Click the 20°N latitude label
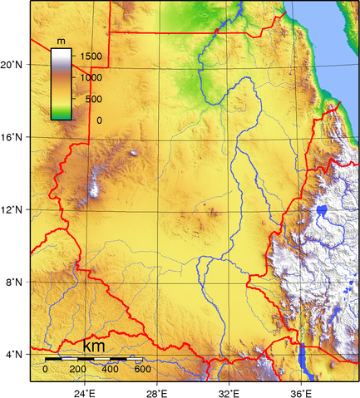(12, 64)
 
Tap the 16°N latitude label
(12, 137)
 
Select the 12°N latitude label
(12, 210)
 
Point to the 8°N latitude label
(12, 283)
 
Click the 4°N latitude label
(12, 355)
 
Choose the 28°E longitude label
(157, 391)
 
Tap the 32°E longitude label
(229, 391)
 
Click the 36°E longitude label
(301, 391)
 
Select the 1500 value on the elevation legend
(90, 57)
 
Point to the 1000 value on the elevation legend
(90, 77)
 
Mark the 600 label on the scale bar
(142, 368)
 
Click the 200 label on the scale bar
(77, 368)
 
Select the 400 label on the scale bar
(110, 368)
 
